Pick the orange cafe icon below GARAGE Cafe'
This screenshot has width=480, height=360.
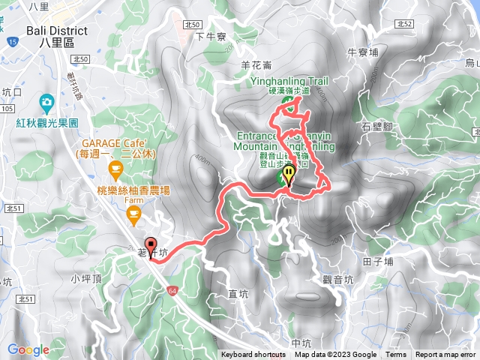115,166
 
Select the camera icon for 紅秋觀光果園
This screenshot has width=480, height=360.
46,101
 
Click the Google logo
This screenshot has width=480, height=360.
28,349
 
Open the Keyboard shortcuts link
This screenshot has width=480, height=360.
253,355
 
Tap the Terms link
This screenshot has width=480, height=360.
396,355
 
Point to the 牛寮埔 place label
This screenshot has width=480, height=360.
362,52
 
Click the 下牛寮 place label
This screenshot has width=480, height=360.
210,35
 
